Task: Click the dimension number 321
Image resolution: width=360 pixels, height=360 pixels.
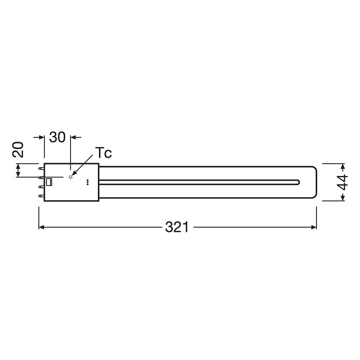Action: [177, 227]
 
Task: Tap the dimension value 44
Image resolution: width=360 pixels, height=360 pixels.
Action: [342, 182]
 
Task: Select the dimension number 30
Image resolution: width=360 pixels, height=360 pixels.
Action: [57, 137]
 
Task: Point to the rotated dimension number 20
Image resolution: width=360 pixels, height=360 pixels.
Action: [18, 150]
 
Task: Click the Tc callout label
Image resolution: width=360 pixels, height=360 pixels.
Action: [104, 153]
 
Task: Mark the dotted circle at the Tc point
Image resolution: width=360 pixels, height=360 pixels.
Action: [71, 177]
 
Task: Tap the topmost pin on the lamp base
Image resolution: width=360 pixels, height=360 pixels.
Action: [41, 168]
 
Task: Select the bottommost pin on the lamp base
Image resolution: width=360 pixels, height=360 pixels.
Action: [41, 196]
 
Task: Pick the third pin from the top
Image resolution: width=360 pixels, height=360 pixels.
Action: [41, 187]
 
